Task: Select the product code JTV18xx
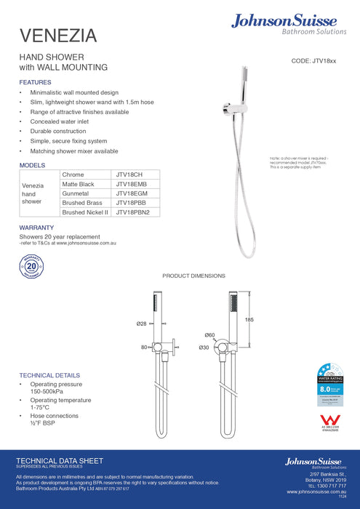313,63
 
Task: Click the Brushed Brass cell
82,204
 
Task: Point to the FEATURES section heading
35,82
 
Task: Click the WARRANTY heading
37,228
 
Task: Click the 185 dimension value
249,320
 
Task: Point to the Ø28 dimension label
141,323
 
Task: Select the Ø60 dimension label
210,335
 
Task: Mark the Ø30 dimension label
204,348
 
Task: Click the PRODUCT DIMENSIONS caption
193,276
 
